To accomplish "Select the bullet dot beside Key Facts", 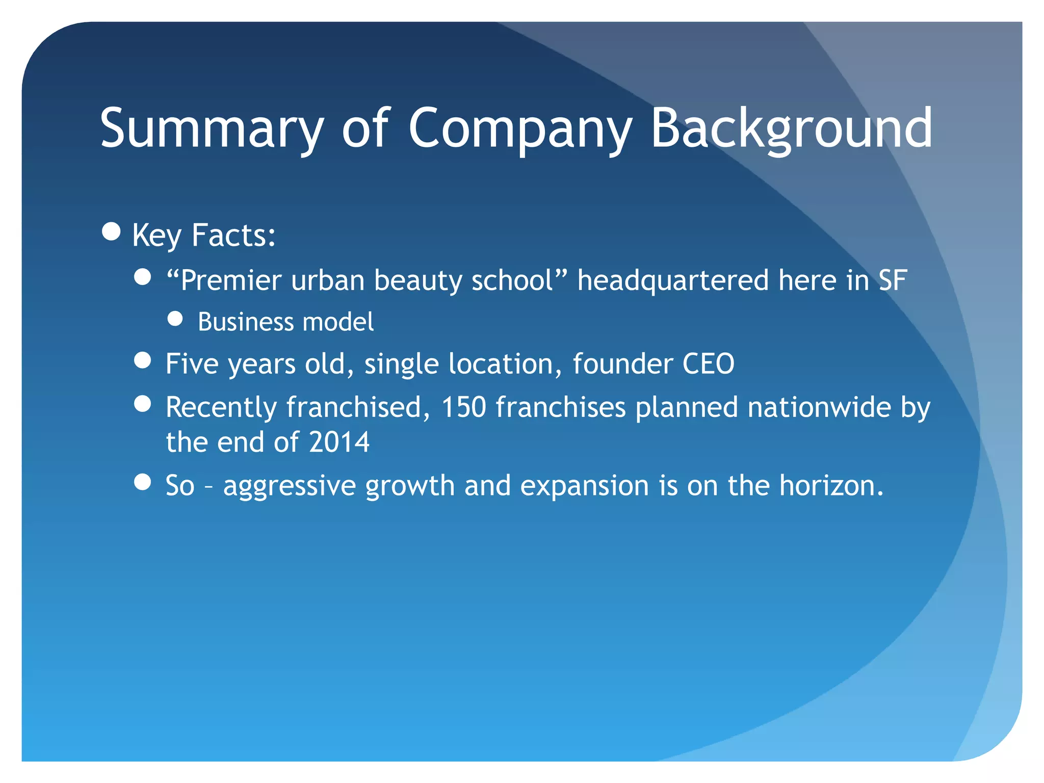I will point(111,231).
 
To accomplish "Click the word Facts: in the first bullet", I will point(233,236).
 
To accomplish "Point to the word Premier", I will point(229,280).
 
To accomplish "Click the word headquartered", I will point(673,280).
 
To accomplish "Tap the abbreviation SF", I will point(892,280).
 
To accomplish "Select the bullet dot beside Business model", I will point(175,319).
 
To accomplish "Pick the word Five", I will point(192,364).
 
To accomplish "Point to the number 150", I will point(463,407).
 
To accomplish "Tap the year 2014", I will point(339,442).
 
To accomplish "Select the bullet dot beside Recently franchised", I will point(143,404).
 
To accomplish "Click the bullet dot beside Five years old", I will point(143,360).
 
